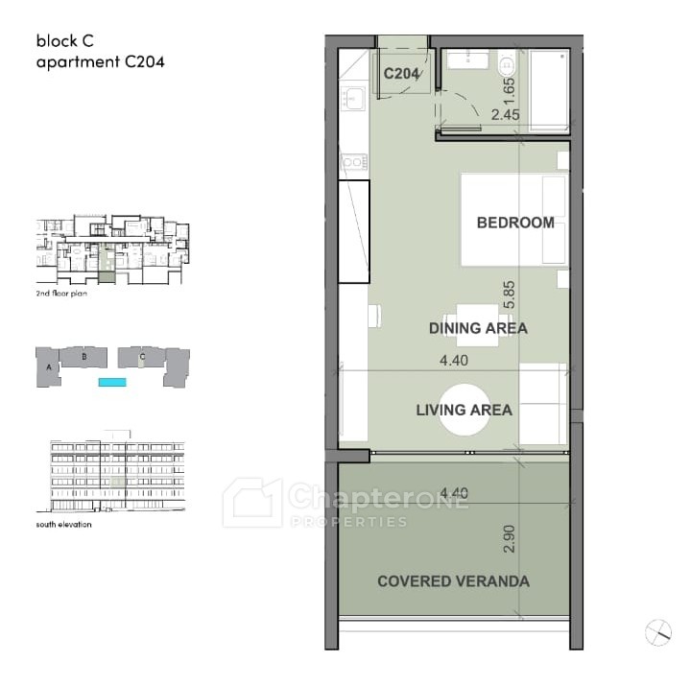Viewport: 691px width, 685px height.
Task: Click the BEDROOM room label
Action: (x=515, y=223)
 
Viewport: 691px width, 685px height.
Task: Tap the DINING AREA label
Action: (x=478, y=328)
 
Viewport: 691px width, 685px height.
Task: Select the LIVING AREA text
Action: (x=465, y=410)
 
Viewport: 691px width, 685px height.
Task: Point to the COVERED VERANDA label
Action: (x=453, y=581)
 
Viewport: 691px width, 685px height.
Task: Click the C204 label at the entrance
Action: (x=401, y=74)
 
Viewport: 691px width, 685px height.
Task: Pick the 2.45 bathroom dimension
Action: (x=506, y=114)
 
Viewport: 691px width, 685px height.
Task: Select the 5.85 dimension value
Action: (x=508, y=295)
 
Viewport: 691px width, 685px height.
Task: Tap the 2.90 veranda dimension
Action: (x=509, y=539)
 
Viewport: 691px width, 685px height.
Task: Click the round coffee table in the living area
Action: (x=465, y=410)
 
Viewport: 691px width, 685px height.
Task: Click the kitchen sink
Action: (x=352, y=98)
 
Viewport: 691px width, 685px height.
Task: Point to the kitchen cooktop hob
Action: (x=354, y=162)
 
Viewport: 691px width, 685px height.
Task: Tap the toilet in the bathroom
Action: (x=507, y=64)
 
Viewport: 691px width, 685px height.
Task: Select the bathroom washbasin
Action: (x=468, y=59)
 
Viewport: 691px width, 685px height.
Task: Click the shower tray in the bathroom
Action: (x=549, y=91)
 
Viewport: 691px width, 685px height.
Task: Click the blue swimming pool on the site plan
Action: (x=112, y=383)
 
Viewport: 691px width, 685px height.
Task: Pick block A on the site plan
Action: (x=49, y=367)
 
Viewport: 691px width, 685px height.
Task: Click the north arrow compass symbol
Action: (x=658, y=632)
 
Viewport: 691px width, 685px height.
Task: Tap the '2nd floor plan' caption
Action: (x=61, y=294)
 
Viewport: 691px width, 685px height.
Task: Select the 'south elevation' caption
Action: (x=64, y=524)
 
